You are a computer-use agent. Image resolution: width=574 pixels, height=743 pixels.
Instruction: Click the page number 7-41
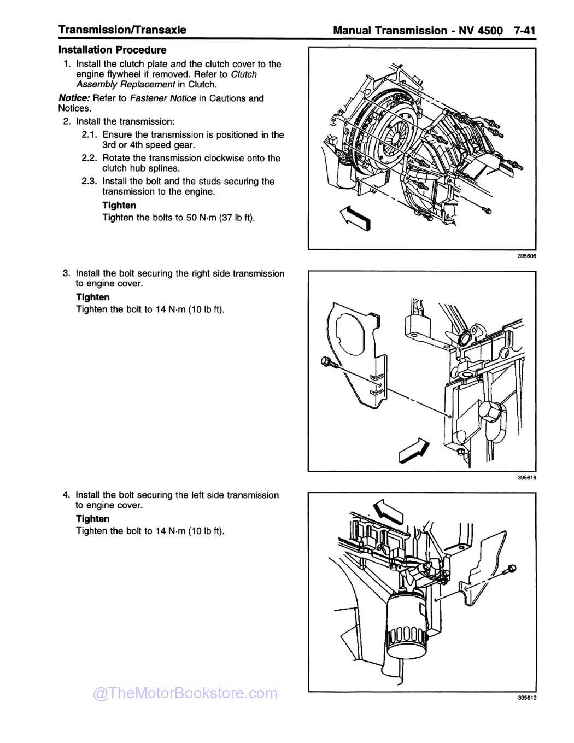pos(524,30)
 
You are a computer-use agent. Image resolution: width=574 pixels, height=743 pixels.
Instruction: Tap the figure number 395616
pos(526,478)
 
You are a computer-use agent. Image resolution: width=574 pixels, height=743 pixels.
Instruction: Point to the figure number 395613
pos(526,698)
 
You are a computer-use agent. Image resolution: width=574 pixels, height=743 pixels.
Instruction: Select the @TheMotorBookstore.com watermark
pos(185,693)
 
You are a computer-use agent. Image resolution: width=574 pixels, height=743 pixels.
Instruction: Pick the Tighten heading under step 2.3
pos(119,206)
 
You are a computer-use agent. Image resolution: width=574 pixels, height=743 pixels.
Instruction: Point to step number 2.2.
pos(89,158)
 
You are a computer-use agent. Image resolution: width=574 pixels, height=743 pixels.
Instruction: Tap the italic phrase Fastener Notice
pos(162,98)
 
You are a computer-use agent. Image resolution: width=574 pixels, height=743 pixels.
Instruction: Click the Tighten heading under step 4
pos(92,519)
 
